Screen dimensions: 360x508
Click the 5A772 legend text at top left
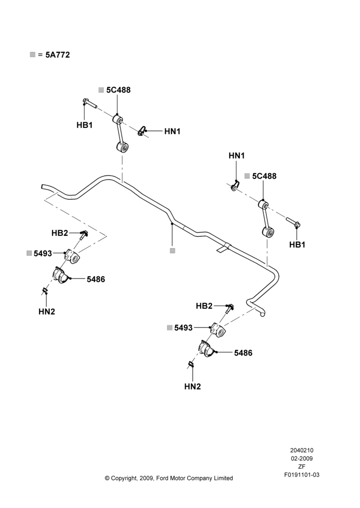tap(57, 55)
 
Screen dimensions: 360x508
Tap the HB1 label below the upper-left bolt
tap(84, 125)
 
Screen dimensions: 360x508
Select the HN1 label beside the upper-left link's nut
tap(172, 131)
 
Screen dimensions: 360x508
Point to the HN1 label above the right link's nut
tap(237, 155)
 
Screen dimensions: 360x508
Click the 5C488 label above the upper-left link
tap(118, 90)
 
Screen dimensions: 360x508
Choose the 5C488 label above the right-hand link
tap(264, 176)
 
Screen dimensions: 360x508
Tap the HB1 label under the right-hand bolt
tap(297, 245)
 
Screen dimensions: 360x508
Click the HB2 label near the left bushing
tap(59, 233)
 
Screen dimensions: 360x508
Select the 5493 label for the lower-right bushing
tap(184, 328)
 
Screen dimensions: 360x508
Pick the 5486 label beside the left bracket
tap(96, 279)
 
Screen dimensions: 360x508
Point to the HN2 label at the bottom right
tap(193, 387)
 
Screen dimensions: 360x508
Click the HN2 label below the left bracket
tap(47, 312)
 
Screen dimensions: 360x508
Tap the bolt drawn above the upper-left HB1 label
tap(90, 103)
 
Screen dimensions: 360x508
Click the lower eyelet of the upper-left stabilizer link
tap(123, 148)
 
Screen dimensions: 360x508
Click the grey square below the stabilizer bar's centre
tap(172, 251)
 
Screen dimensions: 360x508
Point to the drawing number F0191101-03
tap(302, 475)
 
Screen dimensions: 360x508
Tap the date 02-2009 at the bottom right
tap(302, 458)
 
